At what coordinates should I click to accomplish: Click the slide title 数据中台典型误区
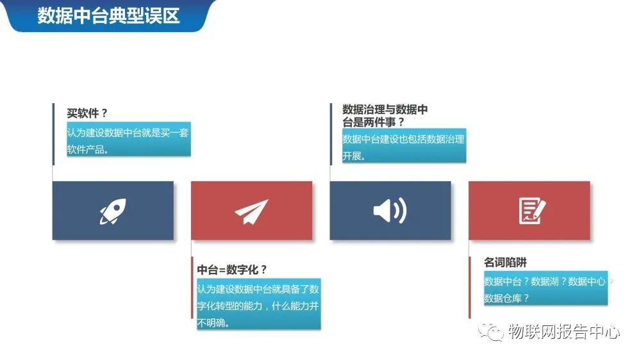tap(108, 15)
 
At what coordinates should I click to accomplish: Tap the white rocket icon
tap(113, 211)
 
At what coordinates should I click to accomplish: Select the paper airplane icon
tap(251, 211)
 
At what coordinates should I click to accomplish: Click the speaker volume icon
tap(390, 211)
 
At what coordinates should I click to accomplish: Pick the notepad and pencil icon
tap(531, 211)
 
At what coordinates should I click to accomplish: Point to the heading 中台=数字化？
tap(231, 269)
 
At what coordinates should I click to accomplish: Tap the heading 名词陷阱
tap(505, 262)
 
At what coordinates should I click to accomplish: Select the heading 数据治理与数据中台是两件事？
tap(385, 115)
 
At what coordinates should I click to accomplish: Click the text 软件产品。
tap(88, 150)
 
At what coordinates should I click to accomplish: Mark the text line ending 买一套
tap(128, 133)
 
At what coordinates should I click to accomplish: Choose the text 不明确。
tap(213, 322)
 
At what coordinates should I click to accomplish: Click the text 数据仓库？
tap(506, 297)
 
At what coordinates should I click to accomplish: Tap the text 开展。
tap(354, 156)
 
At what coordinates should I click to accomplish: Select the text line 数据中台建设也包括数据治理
tap(403, 139)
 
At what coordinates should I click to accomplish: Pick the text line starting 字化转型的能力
tap(258, 306)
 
